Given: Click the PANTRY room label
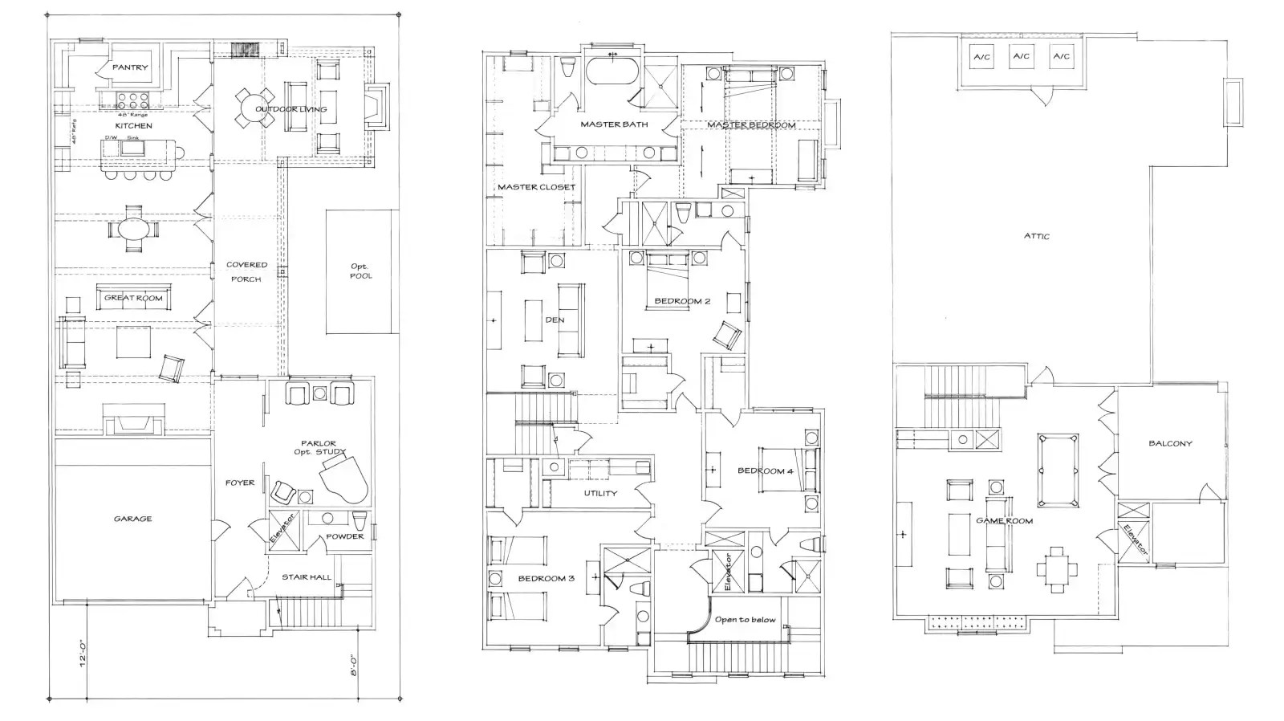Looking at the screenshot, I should pos(130,67).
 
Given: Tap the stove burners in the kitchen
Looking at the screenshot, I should pos(132,100).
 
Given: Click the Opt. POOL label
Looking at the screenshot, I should pos(360,271).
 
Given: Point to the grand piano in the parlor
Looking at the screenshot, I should pos(345,475).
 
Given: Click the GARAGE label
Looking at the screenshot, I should pos(132,519).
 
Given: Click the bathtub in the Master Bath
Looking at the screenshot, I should pos(615,71).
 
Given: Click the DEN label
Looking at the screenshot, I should pos(555,320).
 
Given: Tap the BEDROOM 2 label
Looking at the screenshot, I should pos(682,301).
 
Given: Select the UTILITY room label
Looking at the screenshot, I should pos(600,493).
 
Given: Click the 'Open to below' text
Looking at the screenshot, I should pos(746,619).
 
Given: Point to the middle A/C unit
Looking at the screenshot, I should pos(1021,56).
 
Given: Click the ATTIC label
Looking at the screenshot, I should pos(1036,236).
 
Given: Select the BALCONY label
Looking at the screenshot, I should pos(1170,443).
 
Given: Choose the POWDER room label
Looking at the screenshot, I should pos(345,536).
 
